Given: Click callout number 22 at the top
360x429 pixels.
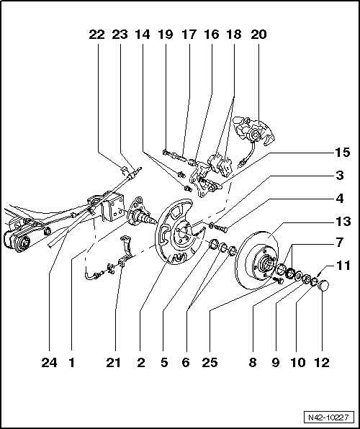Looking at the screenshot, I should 96,34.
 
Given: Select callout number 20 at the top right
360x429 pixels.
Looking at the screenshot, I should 258,34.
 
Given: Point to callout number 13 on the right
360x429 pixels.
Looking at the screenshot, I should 342,221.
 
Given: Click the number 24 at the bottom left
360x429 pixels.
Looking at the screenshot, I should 49,363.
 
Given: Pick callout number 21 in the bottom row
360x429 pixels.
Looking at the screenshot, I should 113,363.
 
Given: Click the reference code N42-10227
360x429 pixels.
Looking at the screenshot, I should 328,417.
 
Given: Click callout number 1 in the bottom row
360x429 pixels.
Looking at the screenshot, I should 71,363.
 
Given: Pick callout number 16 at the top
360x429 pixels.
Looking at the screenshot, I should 212,34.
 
